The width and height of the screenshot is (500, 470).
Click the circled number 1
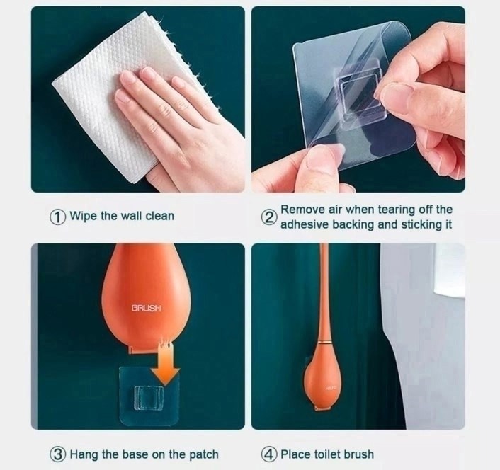(x=57, y=217)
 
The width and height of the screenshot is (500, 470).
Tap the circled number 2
(x=268, y=217)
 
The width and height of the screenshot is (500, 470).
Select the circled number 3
(x=57, y=454)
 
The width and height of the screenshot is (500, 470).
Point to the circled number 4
(x=268, y=454)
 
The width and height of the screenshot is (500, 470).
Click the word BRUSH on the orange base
(x=147, y=308)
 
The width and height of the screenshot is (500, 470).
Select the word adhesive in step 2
(x=305, y=224)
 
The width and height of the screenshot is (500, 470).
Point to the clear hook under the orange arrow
(x=149, y=397)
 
